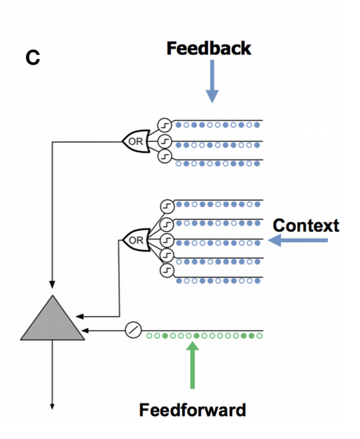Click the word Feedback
[x=209, y=49]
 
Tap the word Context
[x=306, y=226]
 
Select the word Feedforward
[x=192, y=410]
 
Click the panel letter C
[x=33, y=58]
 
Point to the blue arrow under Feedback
[x=212, y=81]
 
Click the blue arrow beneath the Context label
[x=298, y=240]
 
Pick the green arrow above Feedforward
[x=192, y=365]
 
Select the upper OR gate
[x=137, y=141]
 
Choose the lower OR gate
[x=137, y=240]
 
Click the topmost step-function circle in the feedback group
[x=164, y=125]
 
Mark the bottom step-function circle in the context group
[x=167, y=271]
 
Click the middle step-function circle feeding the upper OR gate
[x=164, y=141]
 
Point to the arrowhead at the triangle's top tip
[x=52, y=284]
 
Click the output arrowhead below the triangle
[x=52, y=406]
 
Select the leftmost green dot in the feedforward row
[x=150, y=335]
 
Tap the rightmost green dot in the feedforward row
[x=260, y=335]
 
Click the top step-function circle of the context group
[x=167, y=207]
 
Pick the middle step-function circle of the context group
[x=167, y=240]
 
